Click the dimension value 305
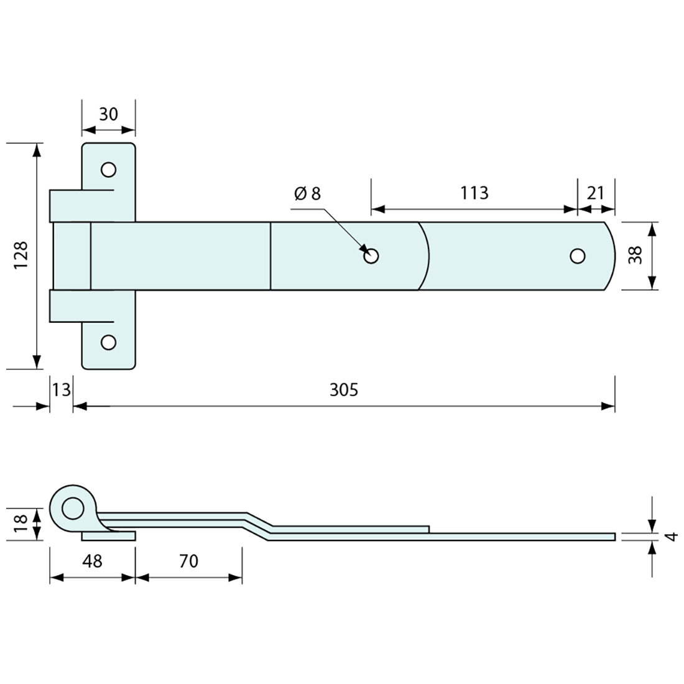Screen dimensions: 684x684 point(344,390)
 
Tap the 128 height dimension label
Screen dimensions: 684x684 point(21,255)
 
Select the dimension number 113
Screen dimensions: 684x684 point(474,193)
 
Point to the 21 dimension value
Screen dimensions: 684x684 point(596,193)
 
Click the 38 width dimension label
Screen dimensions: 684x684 point(635,255)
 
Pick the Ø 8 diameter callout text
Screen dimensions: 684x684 point(308,193)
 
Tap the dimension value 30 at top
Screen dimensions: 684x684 point(108,114)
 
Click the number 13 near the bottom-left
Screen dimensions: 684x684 point(61,390)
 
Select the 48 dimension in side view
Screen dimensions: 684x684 point(92,561)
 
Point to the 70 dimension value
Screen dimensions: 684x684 point(188,561)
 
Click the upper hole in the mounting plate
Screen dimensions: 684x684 point(108,169)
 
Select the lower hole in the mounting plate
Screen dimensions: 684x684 point(108,342)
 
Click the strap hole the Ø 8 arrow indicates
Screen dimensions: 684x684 point(372,256)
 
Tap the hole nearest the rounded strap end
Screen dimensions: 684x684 point(578,256)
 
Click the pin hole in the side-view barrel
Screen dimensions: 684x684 point(73,509)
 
